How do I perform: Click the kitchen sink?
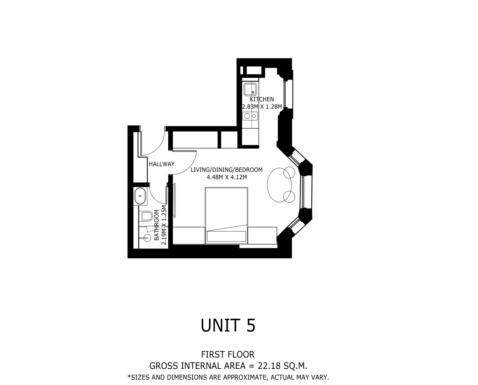[x=250, y=89]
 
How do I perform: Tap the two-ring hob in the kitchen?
[x=250, y=116]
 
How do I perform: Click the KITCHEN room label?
[x=262, y=99]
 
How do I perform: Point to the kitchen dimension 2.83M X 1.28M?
[x=262, y=107]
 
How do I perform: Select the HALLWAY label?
[x=162, y=164]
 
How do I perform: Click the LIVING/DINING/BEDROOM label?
[x=227, y=170]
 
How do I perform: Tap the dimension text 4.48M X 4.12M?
[x=227, y=177]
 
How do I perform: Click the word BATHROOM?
[x=157, y=225]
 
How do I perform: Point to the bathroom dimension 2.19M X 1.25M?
[x=164, y=225]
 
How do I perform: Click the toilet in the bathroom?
[x=147, y=216]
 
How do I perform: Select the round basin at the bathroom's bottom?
[x=147, y=238]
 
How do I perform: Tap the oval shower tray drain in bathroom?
[x=140, y=196]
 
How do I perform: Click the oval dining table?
[x=279, y=185]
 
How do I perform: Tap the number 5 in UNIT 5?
[x=251, y=325]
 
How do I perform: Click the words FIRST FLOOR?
[x=228, y=355]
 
